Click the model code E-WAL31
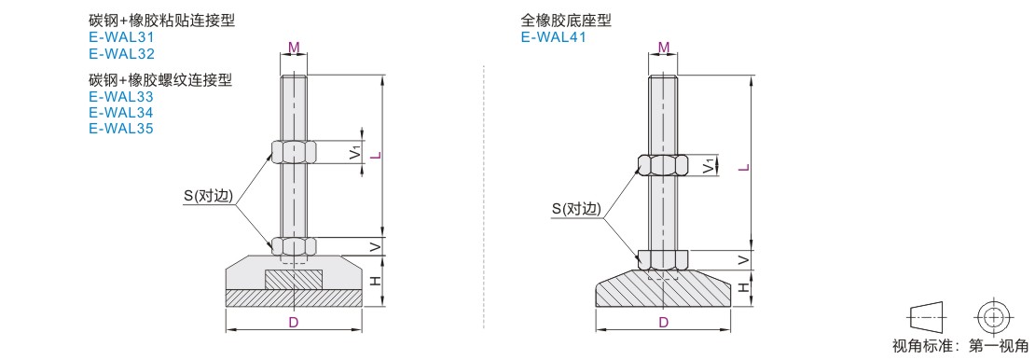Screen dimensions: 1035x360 pos(121,37)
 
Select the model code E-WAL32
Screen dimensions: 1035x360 pos(121,54)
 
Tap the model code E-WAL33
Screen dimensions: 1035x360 pos(121,97)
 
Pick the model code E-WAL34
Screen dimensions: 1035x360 pos(121,112)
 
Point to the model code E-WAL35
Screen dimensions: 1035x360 pos(121,128)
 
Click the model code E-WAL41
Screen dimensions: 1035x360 pos(553,37)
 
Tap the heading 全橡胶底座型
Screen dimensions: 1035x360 pos(566,21)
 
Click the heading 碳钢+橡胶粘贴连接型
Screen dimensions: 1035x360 pos(161,21)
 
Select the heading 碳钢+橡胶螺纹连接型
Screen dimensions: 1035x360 pos(161,80)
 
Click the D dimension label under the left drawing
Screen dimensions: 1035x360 pos(294,322)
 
